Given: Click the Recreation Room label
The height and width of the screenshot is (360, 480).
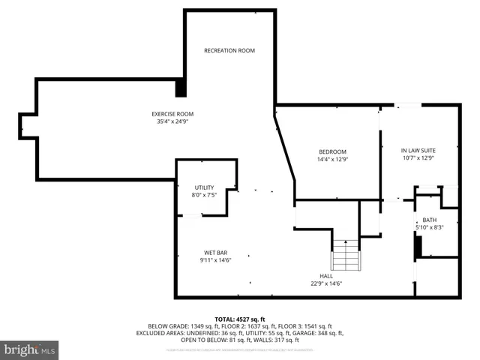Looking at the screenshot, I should [x=229, y=50].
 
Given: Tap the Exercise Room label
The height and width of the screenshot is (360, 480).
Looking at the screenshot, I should [x=172, y=114].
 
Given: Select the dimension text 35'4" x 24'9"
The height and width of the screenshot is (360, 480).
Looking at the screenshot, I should [x=172, y=121].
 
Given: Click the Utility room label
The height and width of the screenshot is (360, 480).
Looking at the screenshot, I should [x=205, y=187].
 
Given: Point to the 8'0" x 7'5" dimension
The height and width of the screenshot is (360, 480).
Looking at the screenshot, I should [x=205, y=194].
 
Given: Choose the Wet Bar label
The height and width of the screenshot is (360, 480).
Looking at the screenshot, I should [x=215, y=252].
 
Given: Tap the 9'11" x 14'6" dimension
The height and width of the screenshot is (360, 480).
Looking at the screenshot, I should [x=215, y=260].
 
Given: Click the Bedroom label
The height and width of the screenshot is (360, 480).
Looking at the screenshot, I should [x=333, y=151].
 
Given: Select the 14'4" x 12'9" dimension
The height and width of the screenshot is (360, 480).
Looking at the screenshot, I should [x=333, y=159].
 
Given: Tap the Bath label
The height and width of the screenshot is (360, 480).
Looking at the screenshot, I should [x=429, y=219].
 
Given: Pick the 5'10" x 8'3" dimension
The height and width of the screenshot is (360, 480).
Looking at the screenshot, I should [x=429, y=227].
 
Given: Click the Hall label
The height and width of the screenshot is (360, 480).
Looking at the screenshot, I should [x=325, y=275].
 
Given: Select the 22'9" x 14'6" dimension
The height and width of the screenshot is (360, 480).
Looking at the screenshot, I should [x=325, y=283].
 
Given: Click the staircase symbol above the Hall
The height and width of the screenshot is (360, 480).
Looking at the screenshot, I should [x=346, y=255].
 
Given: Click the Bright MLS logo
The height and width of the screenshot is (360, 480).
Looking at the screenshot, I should [x=30, y=349].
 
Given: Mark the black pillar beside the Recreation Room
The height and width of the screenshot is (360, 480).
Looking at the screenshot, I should [x=181, y=88].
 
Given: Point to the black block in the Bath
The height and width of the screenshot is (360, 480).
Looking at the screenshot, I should [x=419, y=246].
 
